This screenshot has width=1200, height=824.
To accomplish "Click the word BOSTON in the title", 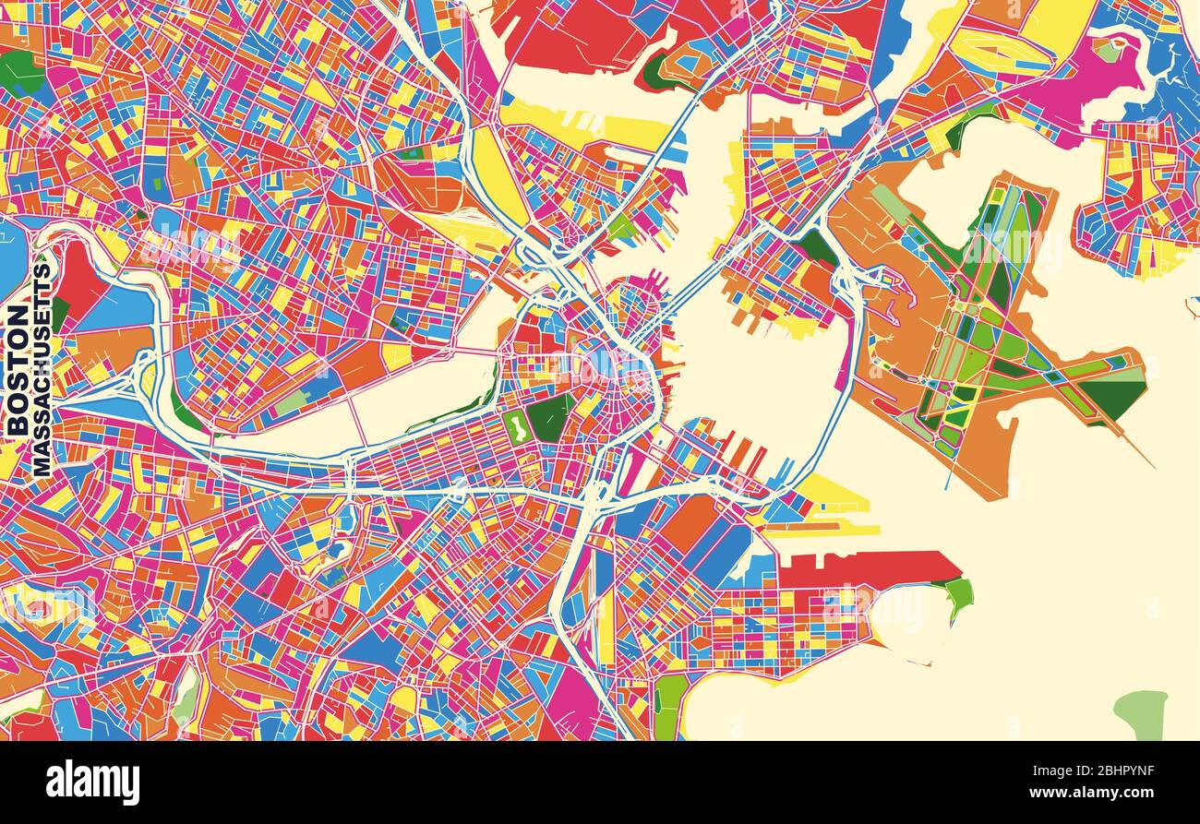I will [17, 369].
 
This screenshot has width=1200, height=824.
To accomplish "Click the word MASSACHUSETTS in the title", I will [42, 369].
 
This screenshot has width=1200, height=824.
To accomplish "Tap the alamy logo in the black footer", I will [92, 782].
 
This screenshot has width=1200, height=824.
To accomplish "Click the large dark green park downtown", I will [551, 418].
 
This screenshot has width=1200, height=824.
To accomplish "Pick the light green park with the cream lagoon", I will [518, 426].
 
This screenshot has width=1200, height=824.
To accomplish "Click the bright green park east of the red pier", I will [959, 592].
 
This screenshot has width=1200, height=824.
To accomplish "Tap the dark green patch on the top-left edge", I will [18, 72].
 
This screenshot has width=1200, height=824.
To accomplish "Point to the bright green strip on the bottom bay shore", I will [669, 706].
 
